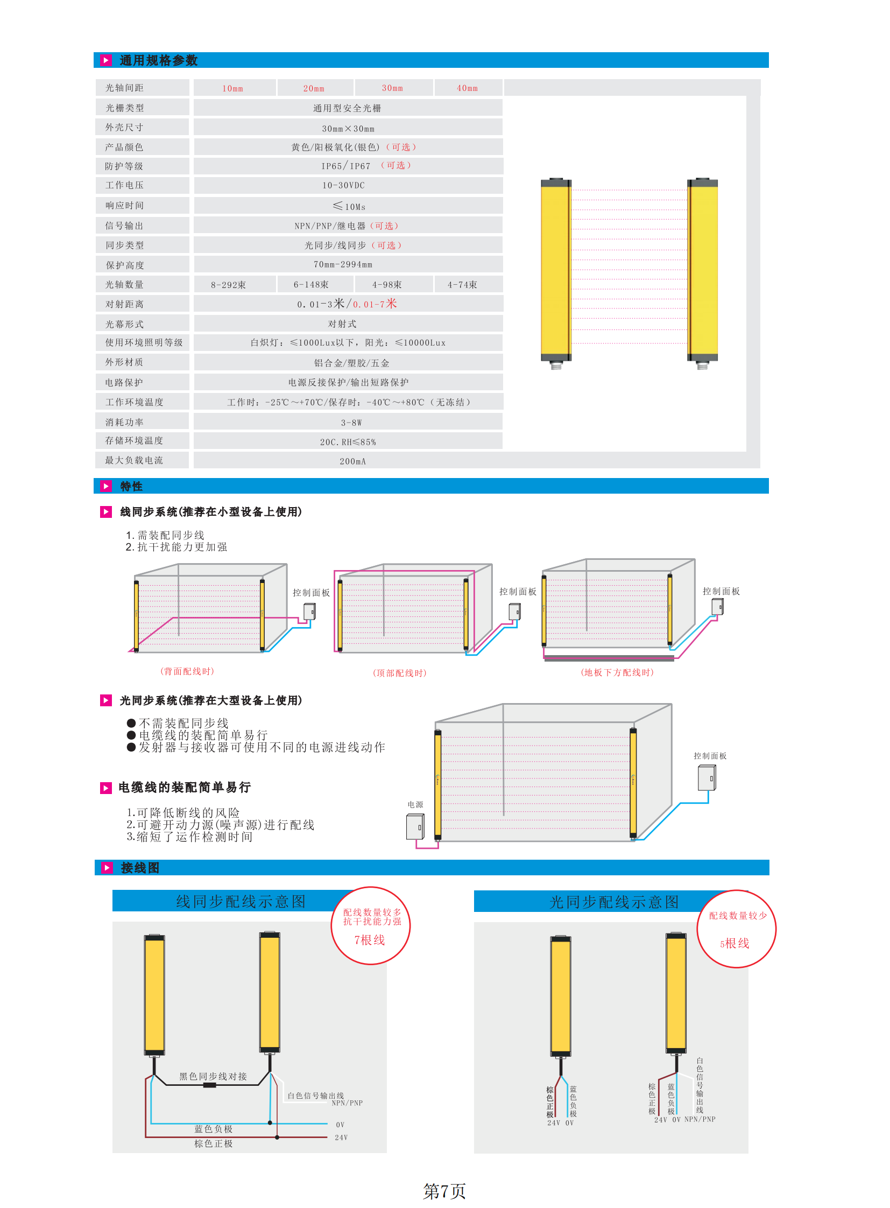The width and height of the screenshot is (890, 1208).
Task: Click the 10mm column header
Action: (233, 88)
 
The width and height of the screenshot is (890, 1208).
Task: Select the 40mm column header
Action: (467, 88)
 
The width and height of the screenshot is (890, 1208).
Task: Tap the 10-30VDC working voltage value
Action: (343, 185)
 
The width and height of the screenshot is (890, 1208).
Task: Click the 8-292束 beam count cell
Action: (229, 285)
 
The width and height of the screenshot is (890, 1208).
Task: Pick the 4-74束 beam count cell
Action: (462, 285)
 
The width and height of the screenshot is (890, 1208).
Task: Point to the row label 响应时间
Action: (124, 206)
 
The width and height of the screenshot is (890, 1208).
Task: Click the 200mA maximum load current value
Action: (352, 461)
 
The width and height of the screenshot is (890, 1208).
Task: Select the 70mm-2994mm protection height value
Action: (343, 264)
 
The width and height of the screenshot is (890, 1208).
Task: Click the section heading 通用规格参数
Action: (158, 60)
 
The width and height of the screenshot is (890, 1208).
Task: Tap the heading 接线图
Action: (140, 868)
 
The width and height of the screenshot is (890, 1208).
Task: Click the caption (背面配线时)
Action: (187, 671)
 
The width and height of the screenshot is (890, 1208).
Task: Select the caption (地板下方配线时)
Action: (617, 672)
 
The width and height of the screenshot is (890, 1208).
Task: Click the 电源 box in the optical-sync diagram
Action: (415, 826)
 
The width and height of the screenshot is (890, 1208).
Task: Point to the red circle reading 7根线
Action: (370, 925)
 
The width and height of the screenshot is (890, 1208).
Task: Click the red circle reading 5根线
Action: (736, 929)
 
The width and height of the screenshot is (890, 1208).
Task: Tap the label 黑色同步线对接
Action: (213, 1077)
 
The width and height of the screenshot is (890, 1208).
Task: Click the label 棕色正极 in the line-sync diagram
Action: (213, 1143)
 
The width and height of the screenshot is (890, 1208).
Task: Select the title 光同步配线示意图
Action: (613, 902)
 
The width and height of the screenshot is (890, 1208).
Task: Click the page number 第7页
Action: (444, 1191)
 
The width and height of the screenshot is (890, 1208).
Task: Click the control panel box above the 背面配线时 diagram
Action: (310, 612)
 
